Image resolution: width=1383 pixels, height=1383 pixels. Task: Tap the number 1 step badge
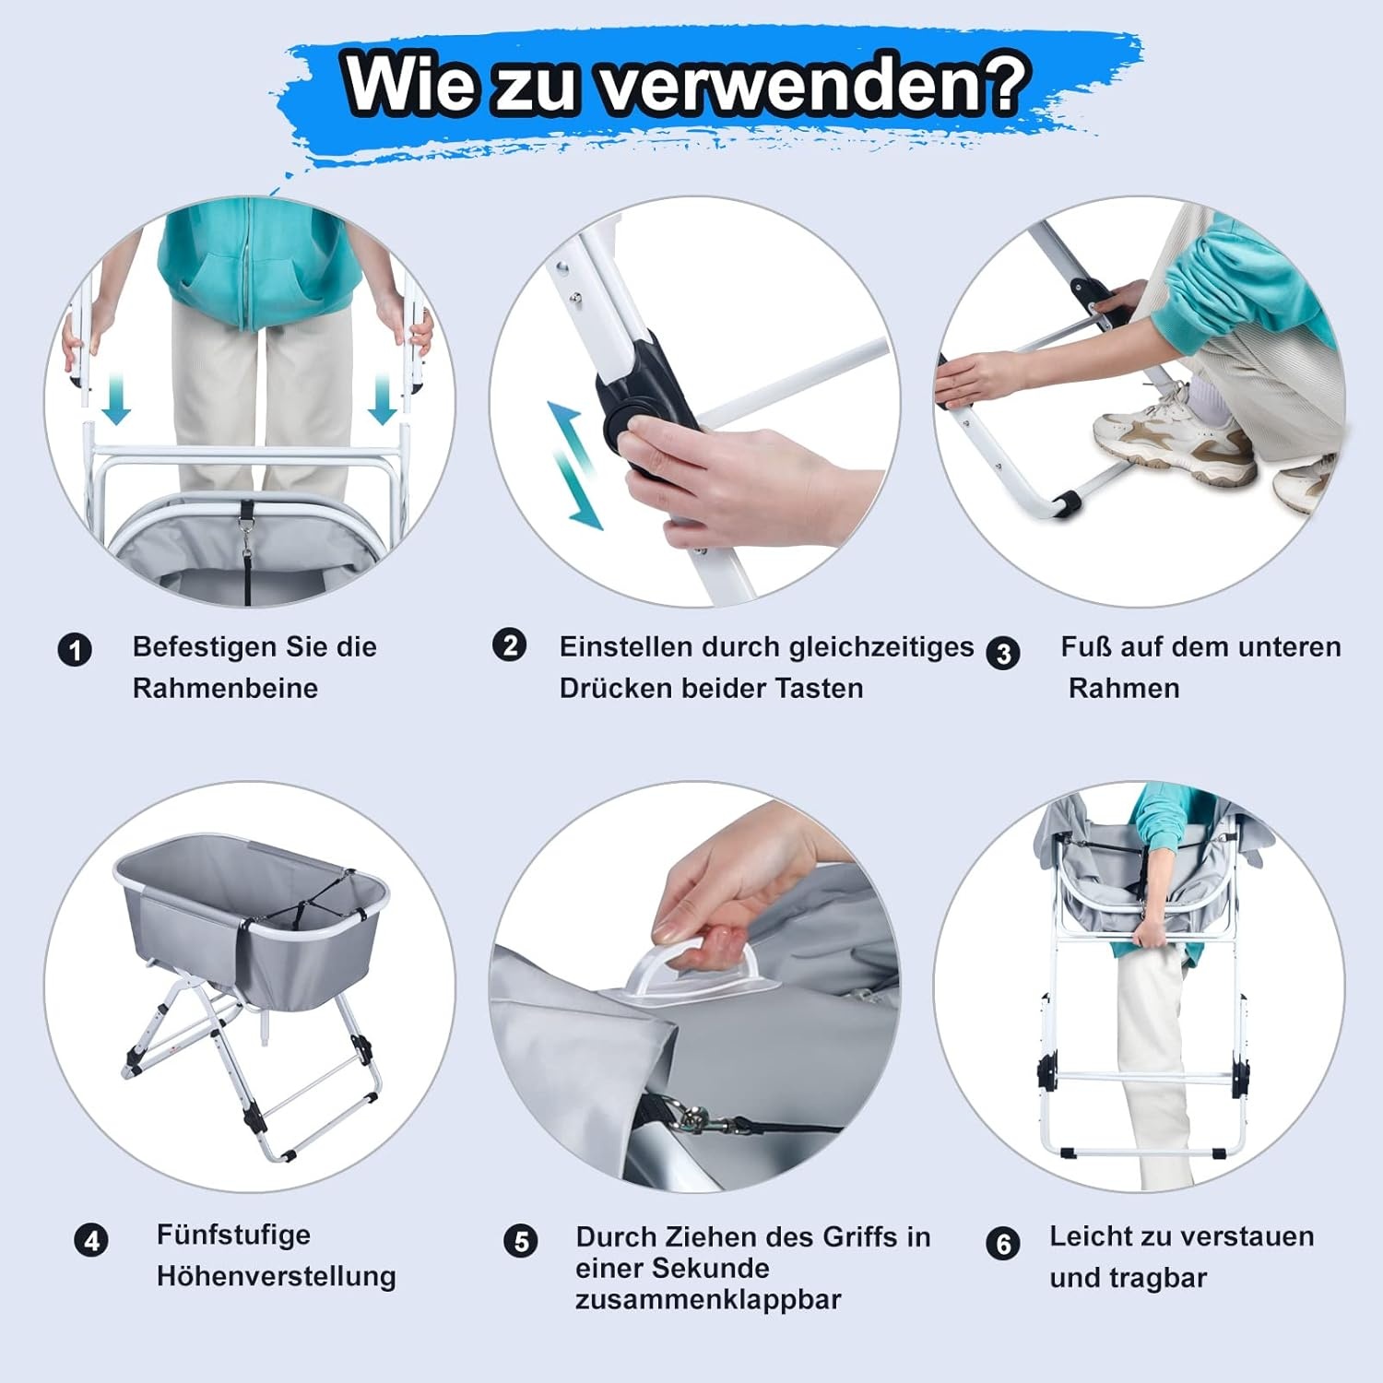click(x=75, y=650)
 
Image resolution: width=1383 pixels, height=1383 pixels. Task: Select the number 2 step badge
click(x=510, y=644)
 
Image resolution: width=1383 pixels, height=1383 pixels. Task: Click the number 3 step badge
click(x=1003, y=653)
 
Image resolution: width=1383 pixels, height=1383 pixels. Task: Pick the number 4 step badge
click(x=91, y=1240)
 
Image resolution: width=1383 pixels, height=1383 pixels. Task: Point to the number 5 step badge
click(x=521, y=1241)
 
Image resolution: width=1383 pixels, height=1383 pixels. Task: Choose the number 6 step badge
click(x=1003, y=1244)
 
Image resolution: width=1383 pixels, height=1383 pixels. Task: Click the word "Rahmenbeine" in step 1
click(x=225, y=688)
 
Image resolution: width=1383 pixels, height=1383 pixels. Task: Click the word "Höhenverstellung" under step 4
click(x=276, y=1276)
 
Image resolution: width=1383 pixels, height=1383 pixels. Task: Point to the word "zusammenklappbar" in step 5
click(x=707, y=1300)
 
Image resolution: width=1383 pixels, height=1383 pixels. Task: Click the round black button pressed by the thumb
click(x=621, y=426)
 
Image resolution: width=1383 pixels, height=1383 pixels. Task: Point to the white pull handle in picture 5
click(x=691, y=968)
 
